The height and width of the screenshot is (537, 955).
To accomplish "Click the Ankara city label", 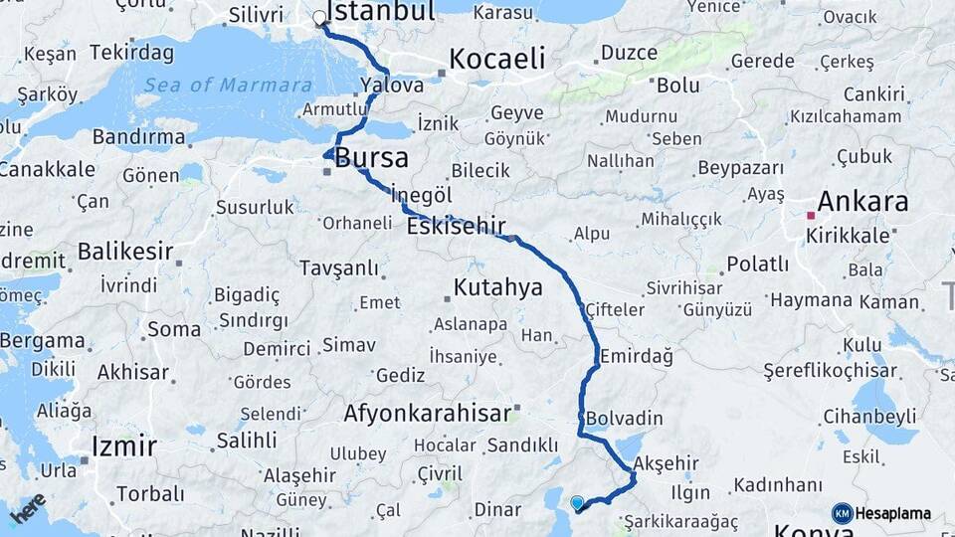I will (x=861, y=202).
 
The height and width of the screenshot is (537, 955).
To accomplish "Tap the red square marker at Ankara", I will (x=812, y=215).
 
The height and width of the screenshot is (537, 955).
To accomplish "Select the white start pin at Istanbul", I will (x=319, y=18).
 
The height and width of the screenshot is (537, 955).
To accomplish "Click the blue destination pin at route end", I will (x=577, y=503).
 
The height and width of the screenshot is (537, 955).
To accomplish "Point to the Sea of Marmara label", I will (x=228, y=86).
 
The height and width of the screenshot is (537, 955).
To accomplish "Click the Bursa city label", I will (x=371, y=158).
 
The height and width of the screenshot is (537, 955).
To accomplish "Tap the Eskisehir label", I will (x=457, y=226).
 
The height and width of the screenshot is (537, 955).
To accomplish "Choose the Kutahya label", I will (x=498, y=288).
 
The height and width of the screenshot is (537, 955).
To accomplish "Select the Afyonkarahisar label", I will (x=428, y=413).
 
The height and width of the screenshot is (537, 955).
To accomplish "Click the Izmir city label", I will (x=124, y=446).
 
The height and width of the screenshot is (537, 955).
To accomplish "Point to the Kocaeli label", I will (x=496, y=59).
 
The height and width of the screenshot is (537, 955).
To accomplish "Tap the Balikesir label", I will (x=125, y=251).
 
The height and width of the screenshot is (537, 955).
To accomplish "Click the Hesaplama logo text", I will (x=893, y=514).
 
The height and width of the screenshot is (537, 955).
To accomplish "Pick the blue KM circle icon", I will (x=842, y=513).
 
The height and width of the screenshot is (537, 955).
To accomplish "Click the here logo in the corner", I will (x=27, y=507).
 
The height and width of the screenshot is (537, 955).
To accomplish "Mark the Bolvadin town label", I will (x=625, y=418).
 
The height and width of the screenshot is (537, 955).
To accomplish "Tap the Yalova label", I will (x=392, y=85).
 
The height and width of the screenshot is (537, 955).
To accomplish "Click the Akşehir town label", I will (x=666, y=463).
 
